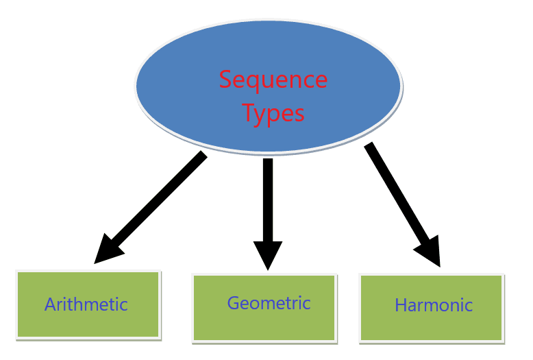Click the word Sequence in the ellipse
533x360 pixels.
(x=273, y=81)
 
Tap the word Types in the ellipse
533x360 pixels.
(x=273, y=114)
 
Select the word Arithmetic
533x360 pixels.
(x=86, y=304)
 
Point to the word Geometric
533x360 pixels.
(x=269, y=303)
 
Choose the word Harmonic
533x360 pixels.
(x=434, y=305)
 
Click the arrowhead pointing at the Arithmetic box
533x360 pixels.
(x=107, y=250)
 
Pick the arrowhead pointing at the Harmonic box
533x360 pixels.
(x=430, y=252)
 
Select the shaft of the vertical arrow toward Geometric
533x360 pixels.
(x=268, y=200)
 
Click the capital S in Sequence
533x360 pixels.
(x=225, y=80)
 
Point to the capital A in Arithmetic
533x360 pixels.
(x=50, y=304)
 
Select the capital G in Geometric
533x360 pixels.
(x=233, y=303)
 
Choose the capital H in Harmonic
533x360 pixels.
(x=400, y=305)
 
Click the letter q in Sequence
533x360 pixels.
(x=256, y=84)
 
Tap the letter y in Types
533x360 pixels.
(x=261, y=117)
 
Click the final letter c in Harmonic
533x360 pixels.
(x=469, y=307)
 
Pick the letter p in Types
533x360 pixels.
(x=275, y=117)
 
